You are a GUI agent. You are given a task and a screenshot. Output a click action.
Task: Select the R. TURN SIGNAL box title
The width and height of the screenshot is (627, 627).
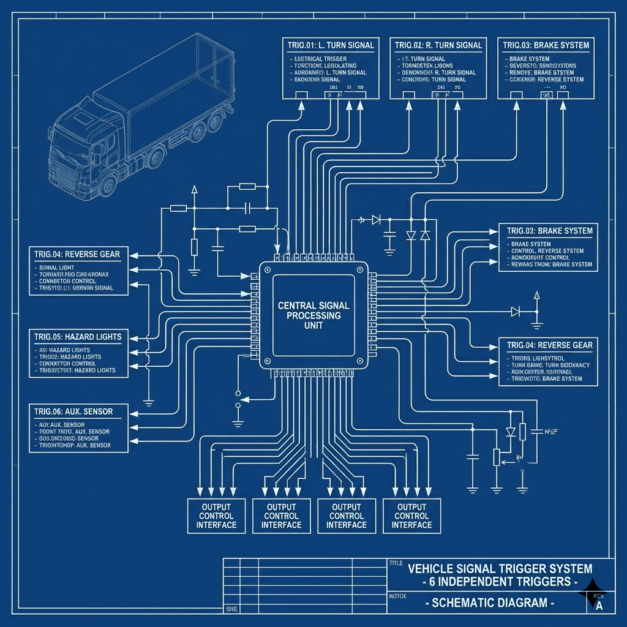[x=438, y=45]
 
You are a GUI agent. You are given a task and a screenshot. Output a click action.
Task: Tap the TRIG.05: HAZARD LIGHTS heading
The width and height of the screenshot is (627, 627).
[x=78, y=337]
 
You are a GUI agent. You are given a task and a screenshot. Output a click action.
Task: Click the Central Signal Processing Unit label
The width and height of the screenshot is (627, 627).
[x=313, y=315]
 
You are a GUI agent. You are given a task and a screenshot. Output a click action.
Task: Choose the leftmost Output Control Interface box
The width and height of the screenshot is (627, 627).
[x=216, y=516]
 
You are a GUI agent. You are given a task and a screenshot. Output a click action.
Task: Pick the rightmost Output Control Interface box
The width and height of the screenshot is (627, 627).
[x=411, y=516]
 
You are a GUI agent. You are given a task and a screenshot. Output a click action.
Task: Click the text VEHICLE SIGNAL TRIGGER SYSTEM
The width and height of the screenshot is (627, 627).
[x=500, y=569]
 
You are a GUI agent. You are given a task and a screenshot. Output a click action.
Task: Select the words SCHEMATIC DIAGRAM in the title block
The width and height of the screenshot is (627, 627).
[x=490, y=603]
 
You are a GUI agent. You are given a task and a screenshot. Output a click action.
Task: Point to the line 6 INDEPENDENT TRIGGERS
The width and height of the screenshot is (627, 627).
[x=500, y=580]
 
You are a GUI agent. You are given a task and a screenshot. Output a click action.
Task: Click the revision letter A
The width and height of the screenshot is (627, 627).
[x=599, y=606]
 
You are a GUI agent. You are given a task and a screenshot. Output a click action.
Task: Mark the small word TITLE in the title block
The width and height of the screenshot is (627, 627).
[x=396, y=563]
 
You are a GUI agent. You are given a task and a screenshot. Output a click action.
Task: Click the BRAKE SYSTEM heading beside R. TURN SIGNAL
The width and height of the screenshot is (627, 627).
[x=546, y=45]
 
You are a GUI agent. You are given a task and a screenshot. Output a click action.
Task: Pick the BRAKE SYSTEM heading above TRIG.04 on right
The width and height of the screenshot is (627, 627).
[x=549, y=231]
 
